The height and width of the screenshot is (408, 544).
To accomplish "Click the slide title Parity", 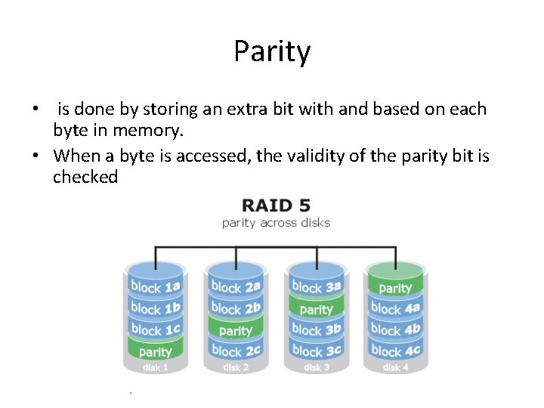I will (x=272, y=52).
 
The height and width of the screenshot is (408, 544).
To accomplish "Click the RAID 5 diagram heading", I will (x=276, y=206).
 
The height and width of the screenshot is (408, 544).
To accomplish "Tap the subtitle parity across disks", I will (x=276, y=222).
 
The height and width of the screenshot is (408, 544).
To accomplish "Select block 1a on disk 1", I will (x=155, y=286).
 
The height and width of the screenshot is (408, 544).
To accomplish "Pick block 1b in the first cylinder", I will (x=155, y=308).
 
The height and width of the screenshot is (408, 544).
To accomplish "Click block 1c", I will (x=155, y=329).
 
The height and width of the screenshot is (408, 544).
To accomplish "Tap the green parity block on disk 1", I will (x=155, y=351).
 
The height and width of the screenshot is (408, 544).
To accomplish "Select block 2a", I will (x=236, y=286).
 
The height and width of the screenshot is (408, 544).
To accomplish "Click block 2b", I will (x=236, y=308).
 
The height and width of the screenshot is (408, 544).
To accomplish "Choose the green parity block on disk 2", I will (x=236, y=330).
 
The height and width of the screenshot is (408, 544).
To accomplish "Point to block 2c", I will (x=236, y=351).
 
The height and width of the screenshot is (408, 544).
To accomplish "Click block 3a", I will (x=316, y=286).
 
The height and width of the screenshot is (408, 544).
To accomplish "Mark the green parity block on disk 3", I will (x=316, y=309).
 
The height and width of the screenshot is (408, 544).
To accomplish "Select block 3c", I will (x=316, y=351).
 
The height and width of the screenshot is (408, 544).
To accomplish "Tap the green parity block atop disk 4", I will (x=395, y=288).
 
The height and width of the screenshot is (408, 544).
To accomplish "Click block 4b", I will (x=395, y=329).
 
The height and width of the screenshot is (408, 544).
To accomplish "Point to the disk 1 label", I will (x=155, y=368).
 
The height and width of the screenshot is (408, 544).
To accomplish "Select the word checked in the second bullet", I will (x=85, y=178).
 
